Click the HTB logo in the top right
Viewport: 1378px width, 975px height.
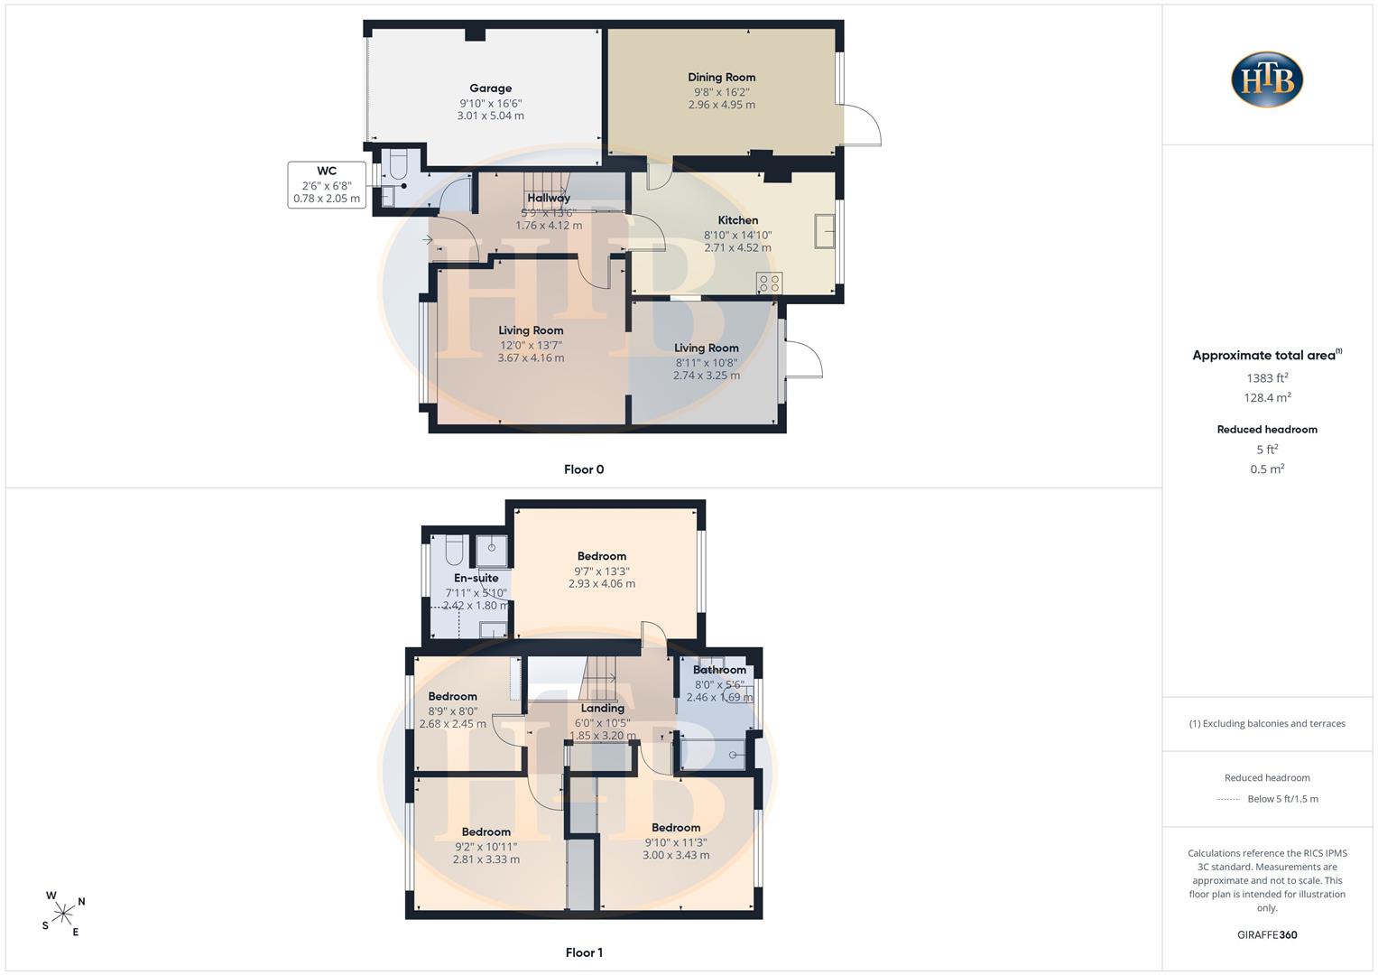(x=1267, y=79)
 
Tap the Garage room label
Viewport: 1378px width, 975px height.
(x=490, y=88)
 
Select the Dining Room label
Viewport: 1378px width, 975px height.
(x=722, y=78)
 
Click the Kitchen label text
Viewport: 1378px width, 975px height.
(x=737, y=220)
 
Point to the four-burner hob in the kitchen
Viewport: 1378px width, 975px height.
(x=770, y=283)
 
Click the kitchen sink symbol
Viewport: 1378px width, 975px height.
(x=825, y=231)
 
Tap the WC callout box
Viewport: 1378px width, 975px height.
(x=327, y=185)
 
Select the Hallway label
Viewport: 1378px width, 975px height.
(x=549, y=199)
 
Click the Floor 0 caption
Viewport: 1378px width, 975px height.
(x=584, y=469)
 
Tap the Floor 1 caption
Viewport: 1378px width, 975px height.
(x=584, y=952)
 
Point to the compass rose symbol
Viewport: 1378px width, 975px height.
(x=63, y=914)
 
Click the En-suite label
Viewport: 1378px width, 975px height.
(x=476, y=578)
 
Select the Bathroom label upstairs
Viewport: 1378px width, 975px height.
(x=719, y=670)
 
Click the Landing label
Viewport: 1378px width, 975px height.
(x=602, y=709)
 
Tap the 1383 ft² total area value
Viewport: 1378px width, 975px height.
(x=1267, y=378)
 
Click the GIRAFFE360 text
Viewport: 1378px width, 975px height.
(x=1267, y=935)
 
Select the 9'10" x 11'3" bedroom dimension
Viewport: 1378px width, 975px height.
(x=676, y=842)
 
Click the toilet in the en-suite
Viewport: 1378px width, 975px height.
(x=454, y=549)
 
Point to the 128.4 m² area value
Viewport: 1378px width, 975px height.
(x=1267, y=397)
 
